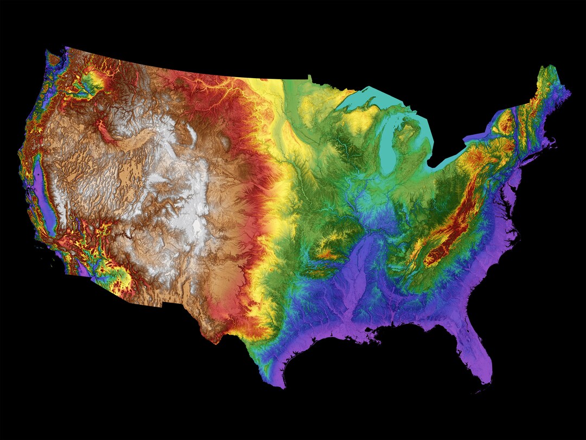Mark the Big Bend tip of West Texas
click(x=217, y=340)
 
